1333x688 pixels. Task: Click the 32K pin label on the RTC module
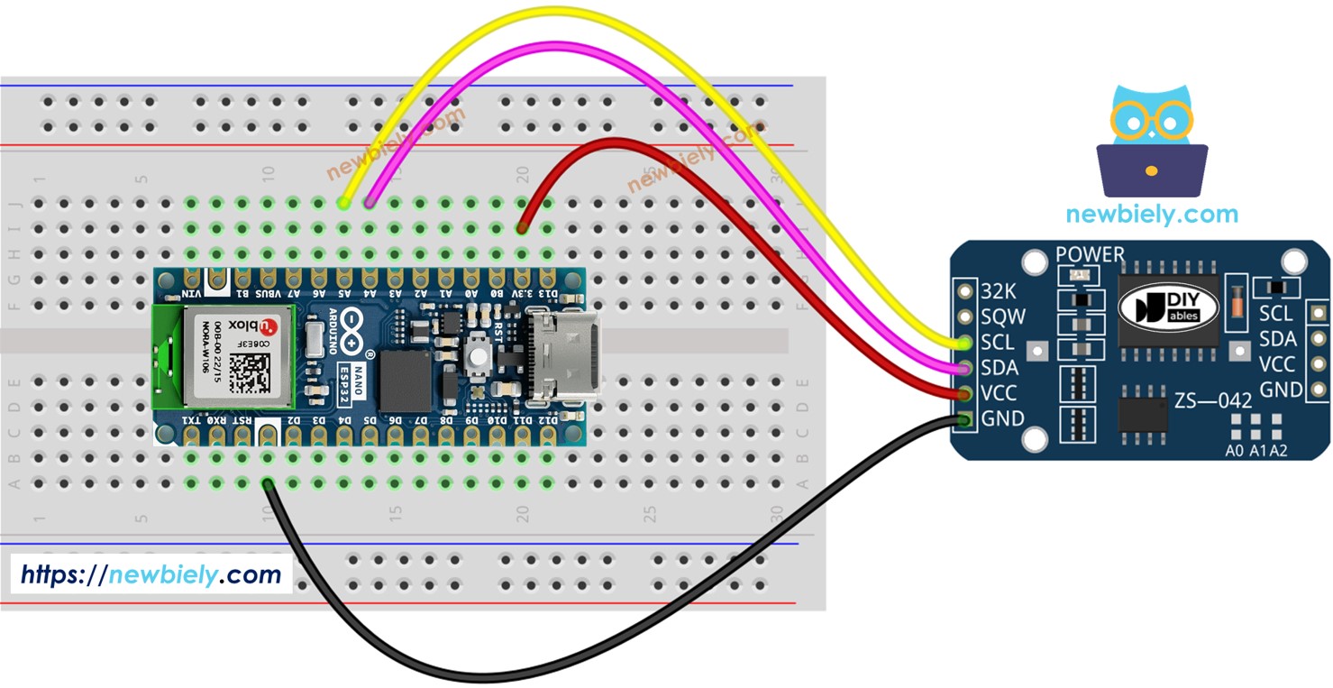click(998, 291)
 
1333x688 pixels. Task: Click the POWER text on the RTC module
click(1091, 254)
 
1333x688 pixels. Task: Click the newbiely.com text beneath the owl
click(1152, 214)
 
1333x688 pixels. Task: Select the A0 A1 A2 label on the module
click(1256, 450)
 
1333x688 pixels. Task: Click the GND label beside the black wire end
click(1002, 418)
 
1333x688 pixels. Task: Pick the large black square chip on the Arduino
click(406, 381)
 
